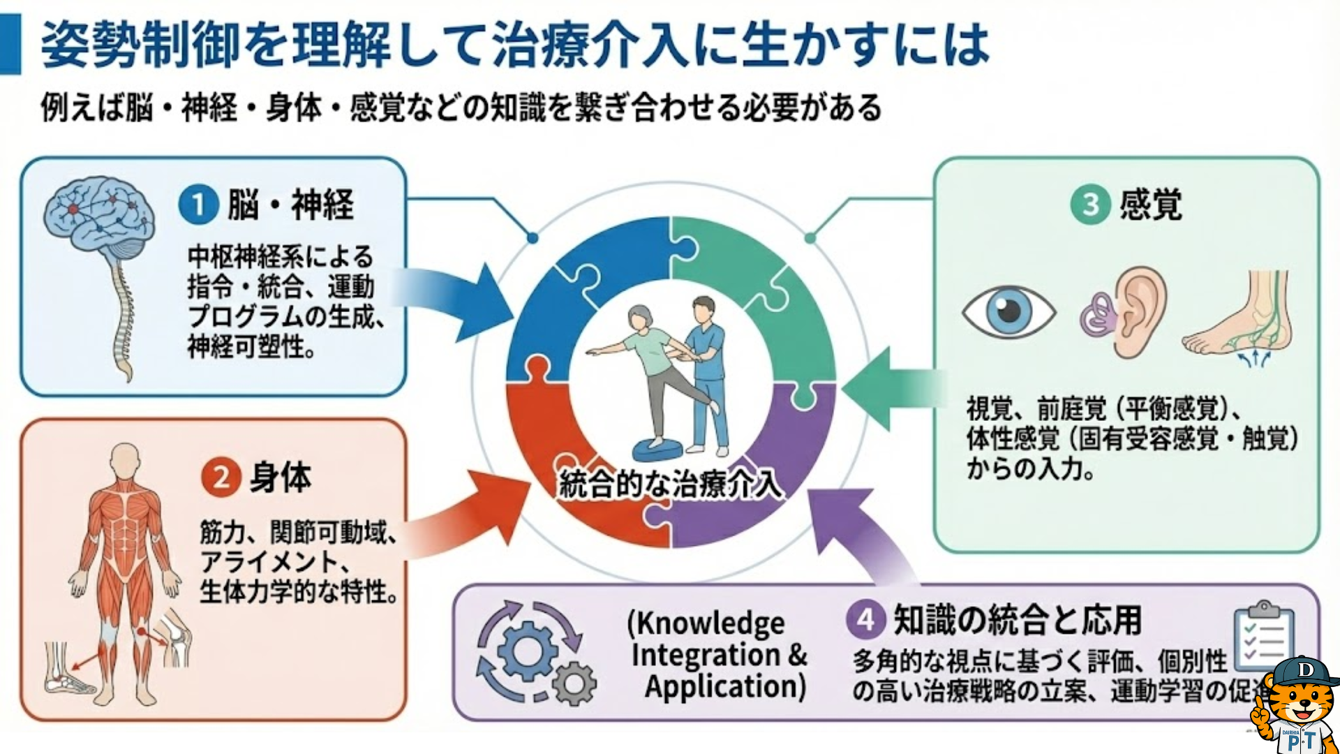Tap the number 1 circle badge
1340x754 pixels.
pyautogui.click(x=198, y=205)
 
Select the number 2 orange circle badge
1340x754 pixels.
pyautogui.click(x=221, y=478)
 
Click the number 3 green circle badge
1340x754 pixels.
pyautogui.click(x=1090, y=205)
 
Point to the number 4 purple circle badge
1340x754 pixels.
pyautogui.click(x=865, y=619)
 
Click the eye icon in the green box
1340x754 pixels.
pyautogui.click(x=1008, y=311)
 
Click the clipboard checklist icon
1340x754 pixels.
pyautogui.click(x=1263, y=635)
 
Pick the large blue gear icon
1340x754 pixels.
pyautogui.click(x=527, y=651)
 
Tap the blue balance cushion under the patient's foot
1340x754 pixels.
pyautogui.click(x=659, y=450)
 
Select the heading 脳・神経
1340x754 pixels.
pyautogui.click(x=290, y=205)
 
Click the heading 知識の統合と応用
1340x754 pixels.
pyautogui.click(x=1017, y=619)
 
